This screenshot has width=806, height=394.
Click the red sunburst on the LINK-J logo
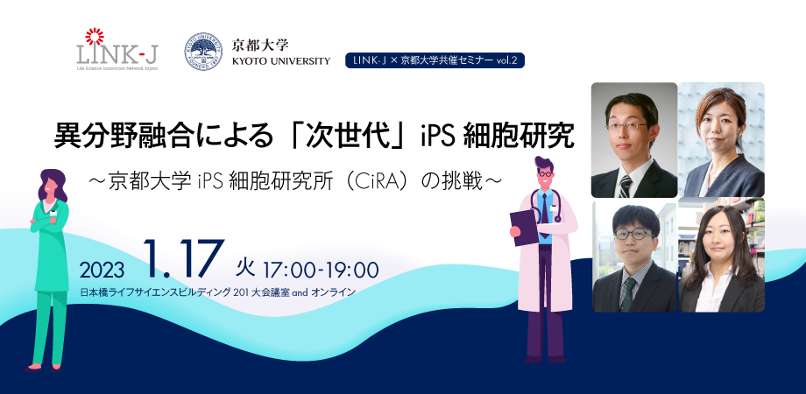coord(95,36)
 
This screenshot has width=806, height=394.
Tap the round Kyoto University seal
coord(203,52)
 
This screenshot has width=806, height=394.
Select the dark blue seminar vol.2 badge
coord(435,60)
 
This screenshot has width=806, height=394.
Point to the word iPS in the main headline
coord(437,137)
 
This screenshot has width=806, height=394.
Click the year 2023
coord(102,270)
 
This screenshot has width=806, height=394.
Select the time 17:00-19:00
coord(321,270)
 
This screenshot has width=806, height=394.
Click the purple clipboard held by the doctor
coord(524,227)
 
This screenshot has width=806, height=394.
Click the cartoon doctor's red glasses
coord(544,174)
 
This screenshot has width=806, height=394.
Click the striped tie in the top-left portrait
coord(625,186)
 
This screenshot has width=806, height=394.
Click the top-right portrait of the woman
coord(721,140)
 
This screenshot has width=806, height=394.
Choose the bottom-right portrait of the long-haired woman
coord(721,255)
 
